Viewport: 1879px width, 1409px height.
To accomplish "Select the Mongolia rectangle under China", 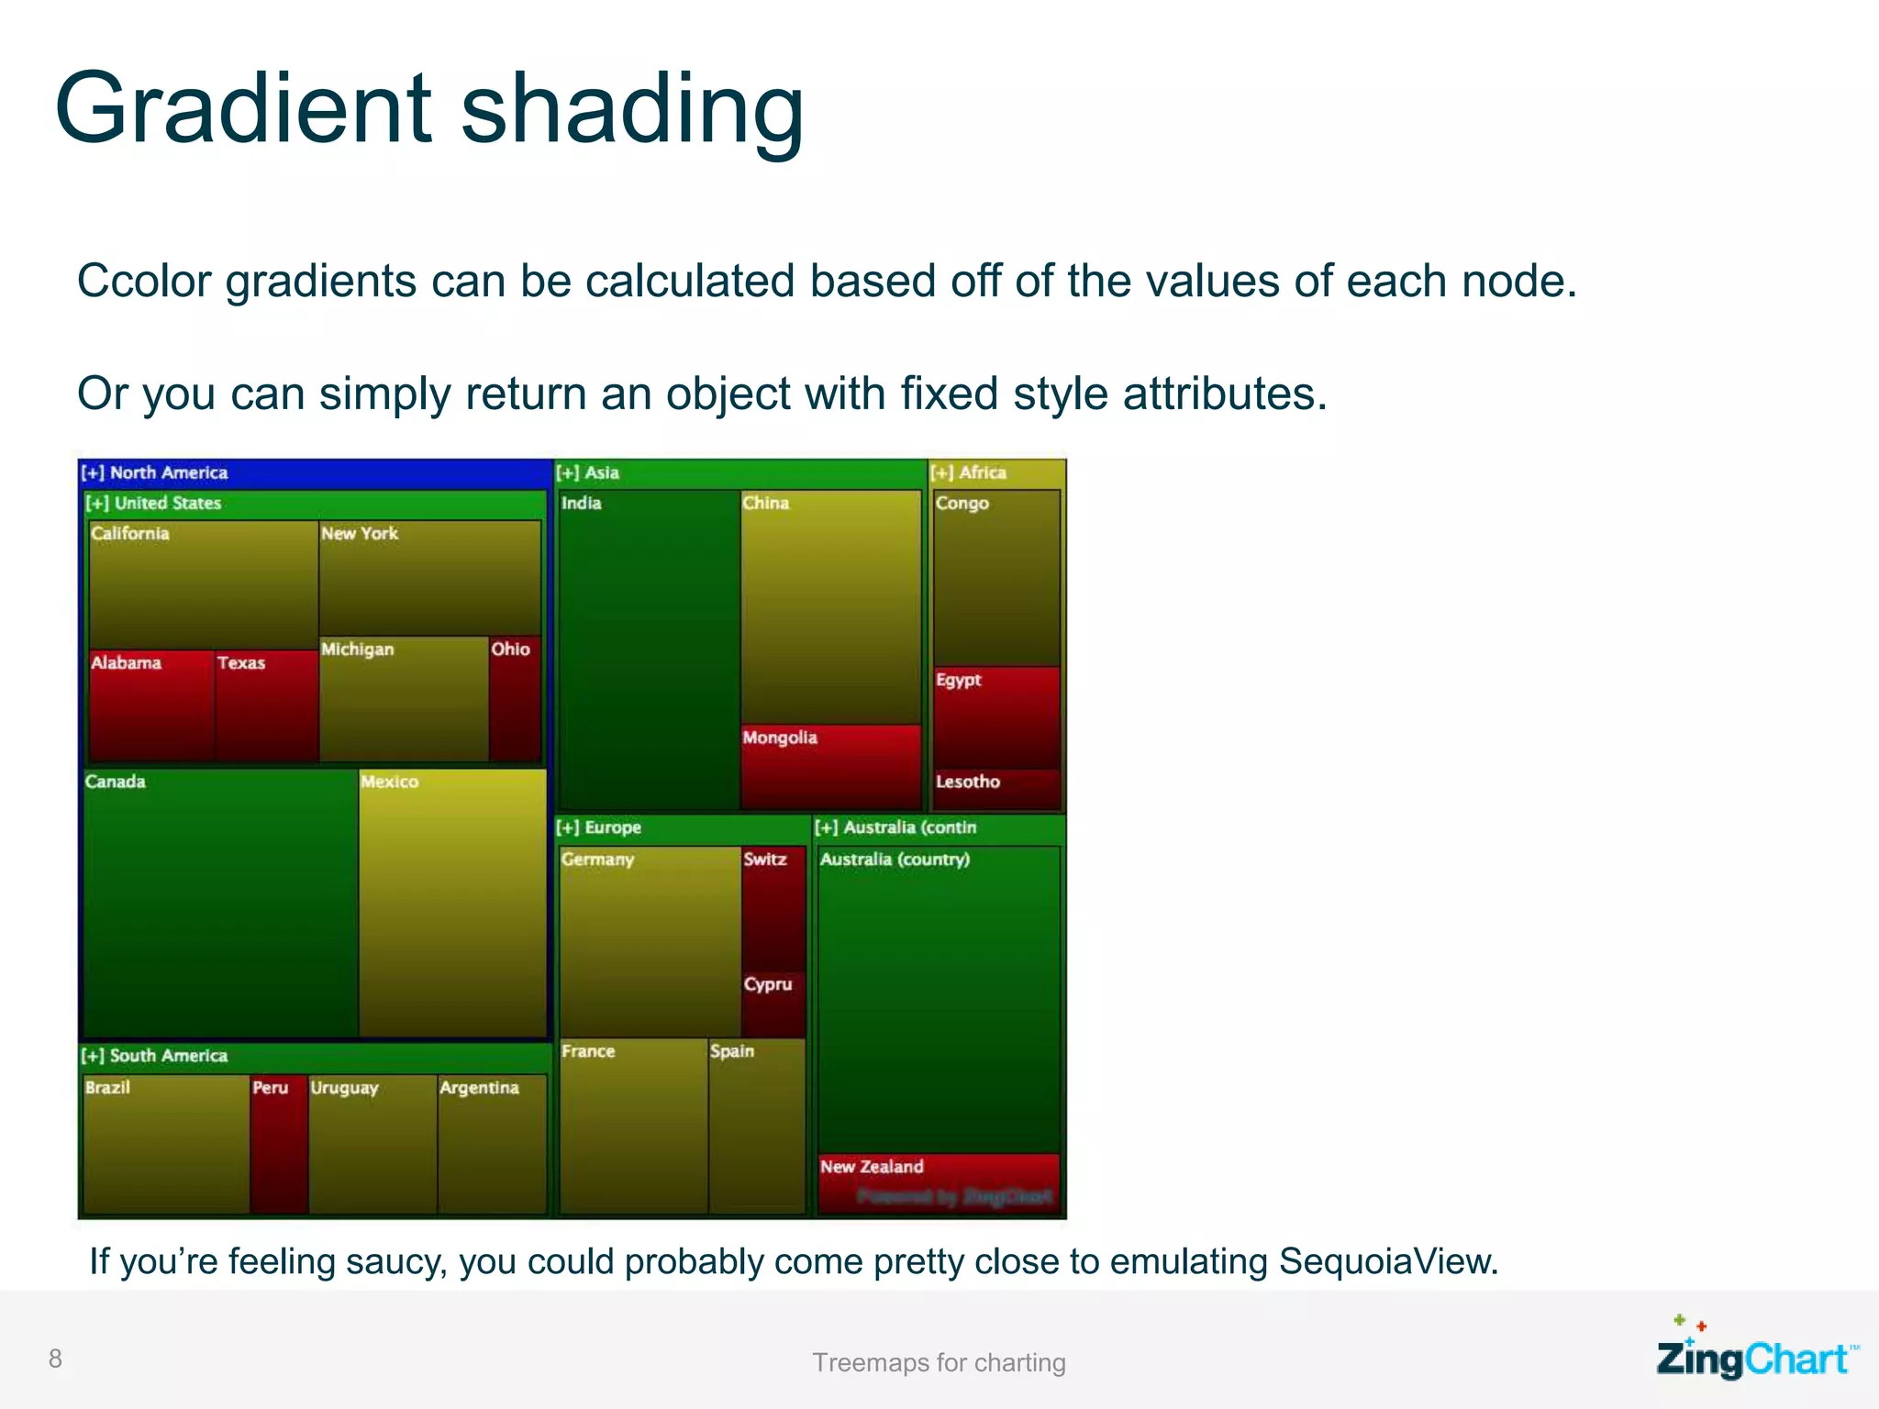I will [x=830, y=767].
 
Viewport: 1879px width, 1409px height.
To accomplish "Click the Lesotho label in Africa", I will [x=968, y=782].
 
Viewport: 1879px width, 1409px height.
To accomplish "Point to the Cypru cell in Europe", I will [x=773, y=1005].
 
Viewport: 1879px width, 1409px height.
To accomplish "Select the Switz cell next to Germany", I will [x=773, y=908].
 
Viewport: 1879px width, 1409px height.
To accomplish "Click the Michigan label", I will [x=358, y=649].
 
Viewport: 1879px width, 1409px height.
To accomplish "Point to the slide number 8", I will [x=55, y=1359].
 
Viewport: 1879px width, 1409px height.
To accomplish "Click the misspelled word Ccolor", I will [x=144, y=281].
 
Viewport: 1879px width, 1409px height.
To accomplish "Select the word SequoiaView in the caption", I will [x=1387, y=1261].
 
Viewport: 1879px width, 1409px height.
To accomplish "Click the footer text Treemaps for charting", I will [x=939, y=1362].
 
